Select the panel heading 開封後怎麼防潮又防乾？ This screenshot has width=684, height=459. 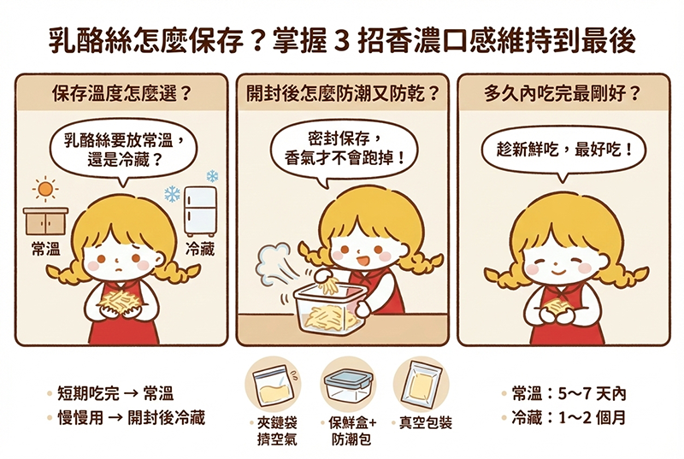pos(342,93)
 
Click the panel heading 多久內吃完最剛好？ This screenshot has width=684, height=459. pos(563,93)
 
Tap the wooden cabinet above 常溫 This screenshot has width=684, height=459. pos(46,221)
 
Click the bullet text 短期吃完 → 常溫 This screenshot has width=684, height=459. pos(115,394)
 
